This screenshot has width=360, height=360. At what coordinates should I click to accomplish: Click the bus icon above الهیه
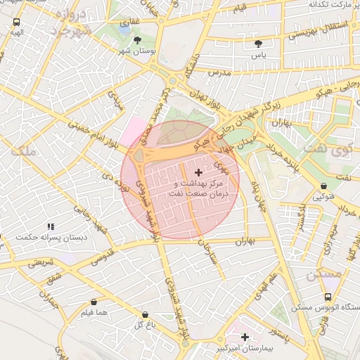(16, 22)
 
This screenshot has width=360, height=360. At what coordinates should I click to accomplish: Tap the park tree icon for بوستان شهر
(137, 40)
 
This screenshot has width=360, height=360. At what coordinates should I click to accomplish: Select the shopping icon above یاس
(258, 44)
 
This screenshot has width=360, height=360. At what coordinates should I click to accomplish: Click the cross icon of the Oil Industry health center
(198, 172)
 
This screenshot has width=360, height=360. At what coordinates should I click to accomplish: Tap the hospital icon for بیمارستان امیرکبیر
(245, 338)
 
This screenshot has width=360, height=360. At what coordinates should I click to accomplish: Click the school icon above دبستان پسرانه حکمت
(50, 226)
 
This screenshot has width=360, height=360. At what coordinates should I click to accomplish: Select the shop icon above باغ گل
(145, 315)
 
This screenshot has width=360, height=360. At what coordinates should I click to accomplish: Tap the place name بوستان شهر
(137, 52)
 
